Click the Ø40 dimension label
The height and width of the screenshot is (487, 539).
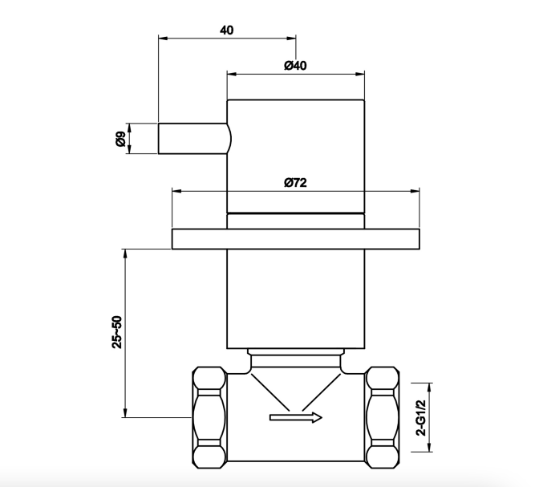click(295, 65)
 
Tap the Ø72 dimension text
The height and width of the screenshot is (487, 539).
click(295, 182)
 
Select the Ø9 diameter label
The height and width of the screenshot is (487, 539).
click(120, 139)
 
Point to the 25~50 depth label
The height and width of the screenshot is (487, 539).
click(117, 332)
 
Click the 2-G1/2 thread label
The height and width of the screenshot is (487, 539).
click(421, 418)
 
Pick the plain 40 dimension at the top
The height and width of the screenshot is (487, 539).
click(226, 30)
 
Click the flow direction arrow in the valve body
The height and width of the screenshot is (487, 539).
click(296, 417)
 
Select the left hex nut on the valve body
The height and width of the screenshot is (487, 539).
click(209, 417)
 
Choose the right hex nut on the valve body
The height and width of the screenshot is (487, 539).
click(383, 417)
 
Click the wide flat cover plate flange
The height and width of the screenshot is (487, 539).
click(296, 238)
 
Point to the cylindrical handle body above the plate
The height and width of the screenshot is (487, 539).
click(296, 156)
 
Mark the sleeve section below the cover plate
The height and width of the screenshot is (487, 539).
click(296, 299)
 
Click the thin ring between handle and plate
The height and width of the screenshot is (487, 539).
click(296, 221)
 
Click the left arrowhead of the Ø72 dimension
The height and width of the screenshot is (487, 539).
click(176, 191)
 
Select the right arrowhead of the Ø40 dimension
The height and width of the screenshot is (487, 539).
click(360, 74)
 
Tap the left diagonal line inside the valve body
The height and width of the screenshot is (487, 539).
click(270, 392)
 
